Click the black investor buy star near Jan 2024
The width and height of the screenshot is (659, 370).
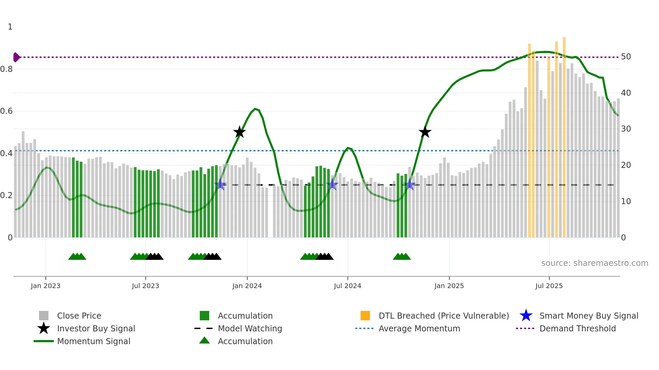239,132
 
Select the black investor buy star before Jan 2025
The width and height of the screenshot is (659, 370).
425,132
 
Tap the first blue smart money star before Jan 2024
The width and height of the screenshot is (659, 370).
221,184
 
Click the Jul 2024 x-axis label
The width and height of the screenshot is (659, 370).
347,286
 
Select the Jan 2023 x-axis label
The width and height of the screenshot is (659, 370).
45,286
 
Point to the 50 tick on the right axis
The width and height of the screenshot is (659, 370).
626,57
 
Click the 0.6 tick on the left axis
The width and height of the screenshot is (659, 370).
7,111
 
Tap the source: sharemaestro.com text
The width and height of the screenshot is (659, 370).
594,263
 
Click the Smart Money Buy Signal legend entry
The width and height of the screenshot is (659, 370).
588,316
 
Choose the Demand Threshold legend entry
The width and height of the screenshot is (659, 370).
577,328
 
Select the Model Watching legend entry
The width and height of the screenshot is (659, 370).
249,328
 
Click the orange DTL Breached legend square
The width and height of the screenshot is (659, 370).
365,316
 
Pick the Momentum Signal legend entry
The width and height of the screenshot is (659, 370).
93,341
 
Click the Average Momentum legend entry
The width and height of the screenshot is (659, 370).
419,328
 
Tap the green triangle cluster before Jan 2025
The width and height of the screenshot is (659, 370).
402,257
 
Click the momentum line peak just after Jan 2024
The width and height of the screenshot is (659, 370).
255,109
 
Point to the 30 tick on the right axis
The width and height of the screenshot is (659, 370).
626,129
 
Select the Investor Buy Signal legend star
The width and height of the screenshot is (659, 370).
44,328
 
